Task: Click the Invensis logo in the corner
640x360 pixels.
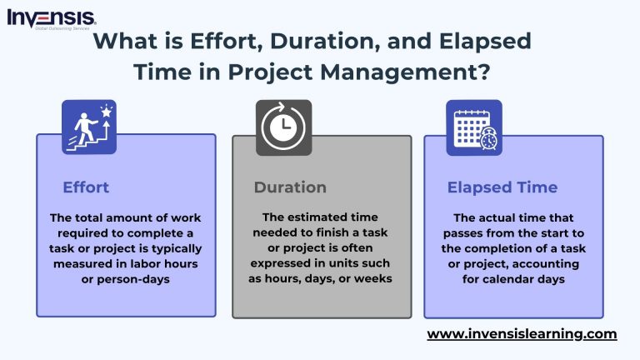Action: (51, 17)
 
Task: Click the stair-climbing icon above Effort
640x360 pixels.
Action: (89, 127)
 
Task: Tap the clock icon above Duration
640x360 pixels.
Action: (283, 127)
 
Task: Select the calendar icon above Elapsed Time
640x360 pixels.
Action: (473, 127)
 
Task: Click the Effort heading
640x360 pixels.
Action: (86, 187)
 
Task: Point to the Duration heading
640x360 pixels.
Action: (290, 187)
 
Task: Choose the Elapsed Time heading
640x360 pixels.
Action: (502, 187)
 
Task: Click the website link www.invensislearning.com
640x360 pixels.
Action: (522, 334)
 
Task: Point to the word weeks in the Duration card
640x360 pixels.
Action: (372, 280)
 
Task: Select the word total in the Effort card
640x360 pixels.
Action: (92, 217)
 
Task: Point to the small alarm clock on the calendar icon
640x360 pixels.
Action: (488, 141)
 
